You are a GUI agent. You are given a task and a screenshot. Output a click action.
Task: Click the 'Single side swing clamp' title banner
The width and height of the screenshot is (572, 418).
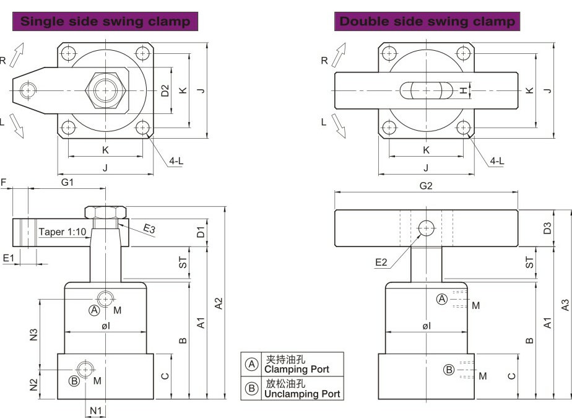point(106,21)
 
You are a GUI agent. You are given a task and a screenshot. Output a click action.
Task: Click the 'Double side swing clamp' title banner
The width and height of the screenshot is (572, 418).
point(427,21)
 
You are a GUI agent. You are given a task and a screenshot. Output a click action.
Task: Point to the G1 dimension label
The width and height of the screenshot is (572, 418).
point(67,182)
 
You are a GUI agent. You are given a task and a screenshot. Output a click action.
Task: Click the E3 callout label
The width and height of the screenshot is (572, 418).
point(149,229)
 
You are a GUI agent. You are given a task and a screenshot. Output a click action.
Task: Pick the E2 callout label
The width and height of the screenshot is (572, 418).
point(381,262)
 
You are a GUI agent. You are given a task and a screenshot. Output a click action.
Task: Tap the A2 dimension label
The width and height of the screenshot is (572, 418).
point(218,303)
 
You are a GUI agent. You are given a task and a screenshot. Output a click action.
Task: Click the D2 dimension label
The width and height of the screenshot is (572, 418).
point(165,90)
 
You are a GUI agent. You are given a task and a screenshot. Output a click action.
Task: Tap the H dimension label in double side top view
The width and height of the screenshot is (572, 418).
point(463,90)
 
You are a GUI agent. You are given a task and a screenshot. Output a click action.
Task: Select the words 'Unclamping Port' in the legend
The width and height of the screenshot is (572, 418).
point(301,393)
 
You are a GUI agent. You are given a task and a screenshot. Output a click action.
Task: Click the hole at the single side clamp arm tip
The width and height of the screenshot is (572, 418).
point(27,91)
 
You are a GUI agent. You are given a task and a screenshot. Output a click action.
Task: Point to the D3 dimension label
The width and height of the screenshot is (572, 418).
point(547,229)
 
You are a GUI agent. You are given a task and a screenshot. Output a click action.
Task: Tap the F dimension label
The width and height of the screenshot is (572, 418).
point(4,182)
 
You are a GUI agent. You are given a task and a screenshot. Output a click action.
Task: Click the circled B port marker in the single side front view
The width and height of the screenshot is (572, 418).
point(74,381)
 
